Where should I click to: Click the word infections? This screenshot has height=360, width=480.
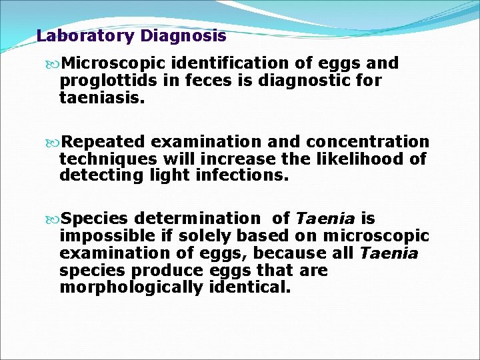pos(248,176)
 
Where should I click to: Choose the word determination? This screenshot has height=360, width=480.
pos(198,218)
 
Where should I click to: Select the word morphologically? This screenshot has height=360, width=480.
pos(130,288)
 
